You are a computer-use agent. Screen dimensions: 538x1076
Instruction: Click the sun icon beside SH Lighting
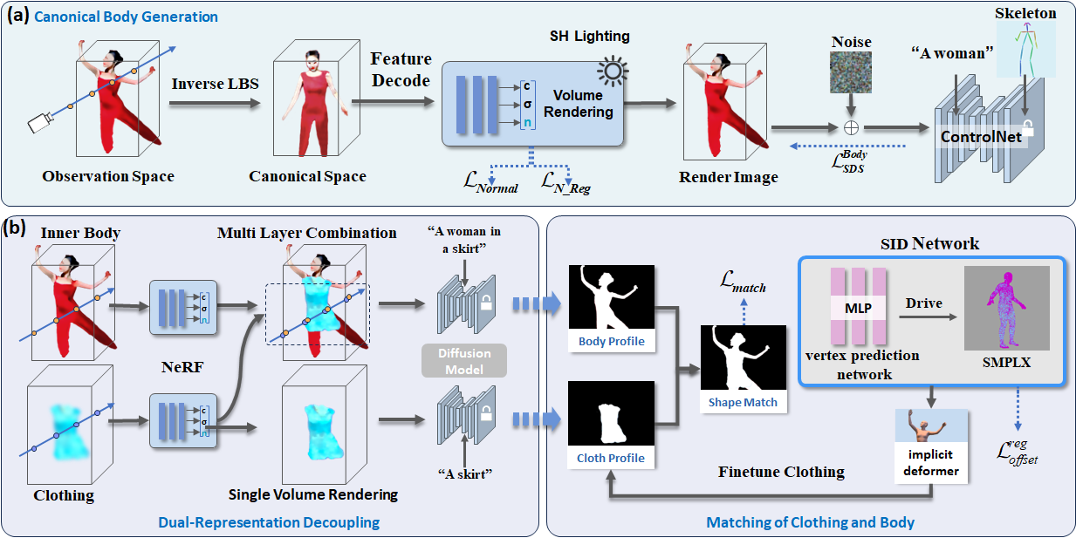608,71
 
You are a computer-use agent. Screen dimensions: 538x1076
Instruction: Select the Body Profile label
611,341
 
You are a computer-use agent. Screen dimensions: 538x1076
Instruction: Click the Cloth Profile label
611,458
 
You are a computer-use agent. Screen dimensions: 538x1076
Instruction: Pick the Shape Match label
743,402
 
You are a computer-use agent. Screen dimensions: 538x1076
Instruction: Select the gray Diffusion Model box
464,360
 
